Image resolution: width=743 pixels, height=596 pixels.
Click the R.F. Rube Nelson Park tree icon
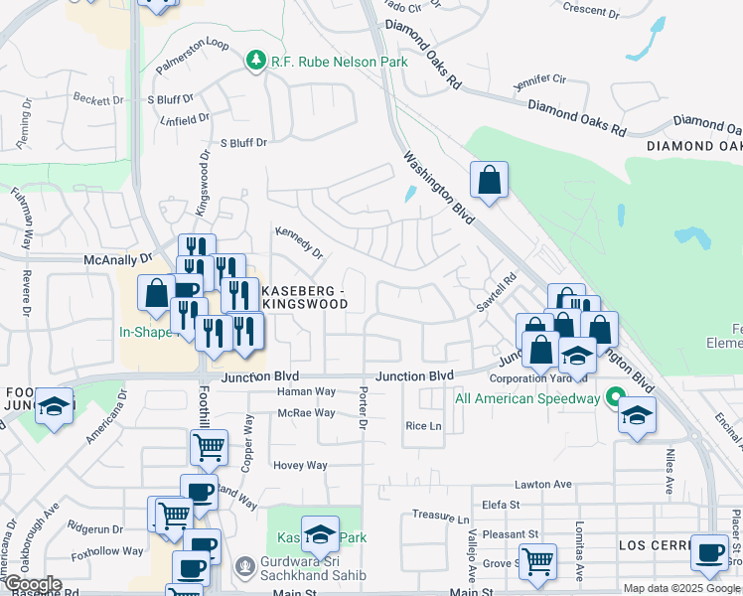[256, 62]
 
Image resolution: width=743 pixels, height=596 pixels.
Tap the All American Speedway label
[526, 399]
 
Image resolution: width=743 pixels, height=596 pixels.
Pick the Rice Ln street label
[423, 426]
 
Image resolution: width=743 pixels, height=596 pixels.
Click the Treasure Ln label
[441, 518]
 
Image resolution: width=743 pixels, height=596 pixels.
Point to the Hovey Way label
[300, 465]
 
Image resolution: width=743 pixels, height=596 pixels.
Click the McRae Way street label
[306, 412]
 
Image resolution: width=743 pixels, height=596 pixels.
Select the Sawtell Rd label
[497, 294]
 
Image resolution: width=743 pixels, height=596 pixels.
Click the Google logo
[32, 584]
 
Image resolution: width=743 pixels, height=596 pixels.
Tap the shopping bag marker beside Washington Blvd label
[489, 180]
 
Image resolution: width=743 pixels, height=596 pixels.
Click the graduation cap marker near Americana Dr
[55, 405]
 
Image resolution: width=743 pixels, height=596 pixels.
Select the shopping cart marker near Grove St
[537, 560]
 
